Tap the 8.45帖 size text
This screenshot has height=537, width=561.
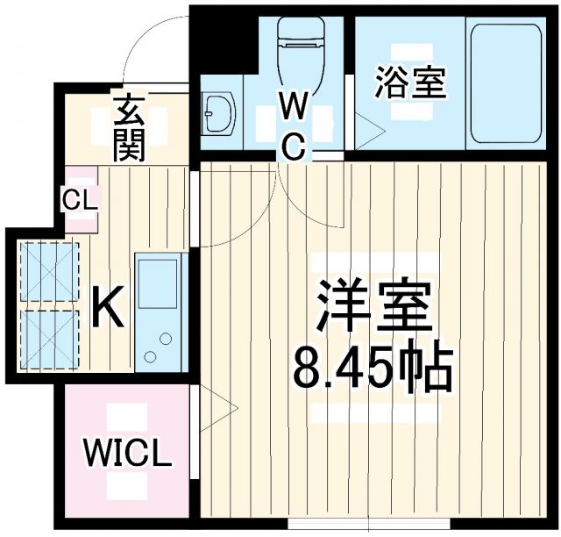tap(373, 369)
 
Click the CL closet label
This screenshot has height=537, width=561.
tap(82, 197)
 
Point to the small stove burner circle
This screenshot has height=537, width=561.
tap(149, 356)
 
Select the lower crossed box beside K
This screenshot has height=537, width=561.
tap(49, 337)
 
